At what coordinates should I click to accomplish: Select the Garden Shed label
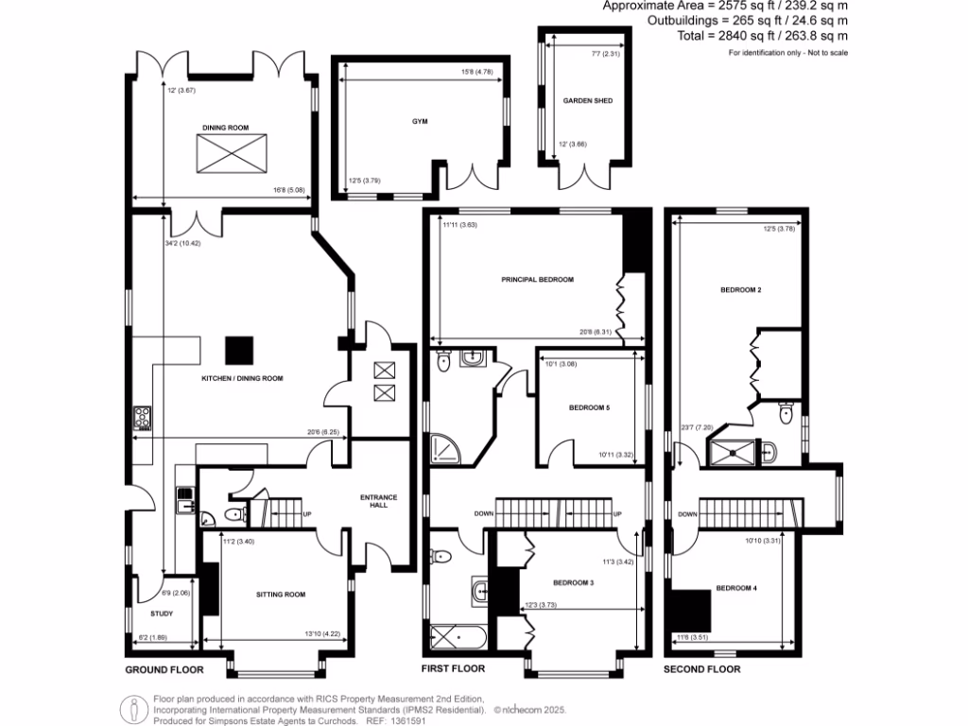pos(582,100)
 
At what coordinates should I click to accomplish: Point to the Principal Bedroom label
pos(537,280)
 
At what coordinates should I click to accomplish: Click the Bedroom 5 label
pos(589,408)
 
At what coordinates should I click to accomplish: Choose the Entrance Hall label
pos(379,500)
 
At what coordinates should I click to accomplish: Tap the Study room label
pos(161,614)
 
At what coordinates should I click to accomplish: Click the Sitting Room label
pos(281,595)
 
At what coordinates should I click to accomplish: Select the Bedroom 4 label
pos(735,588)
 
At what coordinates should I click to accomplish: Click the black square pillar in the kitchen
pos(238,350)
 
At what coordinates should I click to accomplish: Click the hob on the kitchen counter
pos(143,417)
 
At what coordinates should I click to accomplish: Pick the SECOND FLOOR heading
pos(701,669)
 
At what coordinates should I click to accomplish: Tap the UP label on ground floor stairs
pos(307,515)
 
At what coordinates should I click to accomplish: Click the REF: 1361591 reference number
pos(391,720)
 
